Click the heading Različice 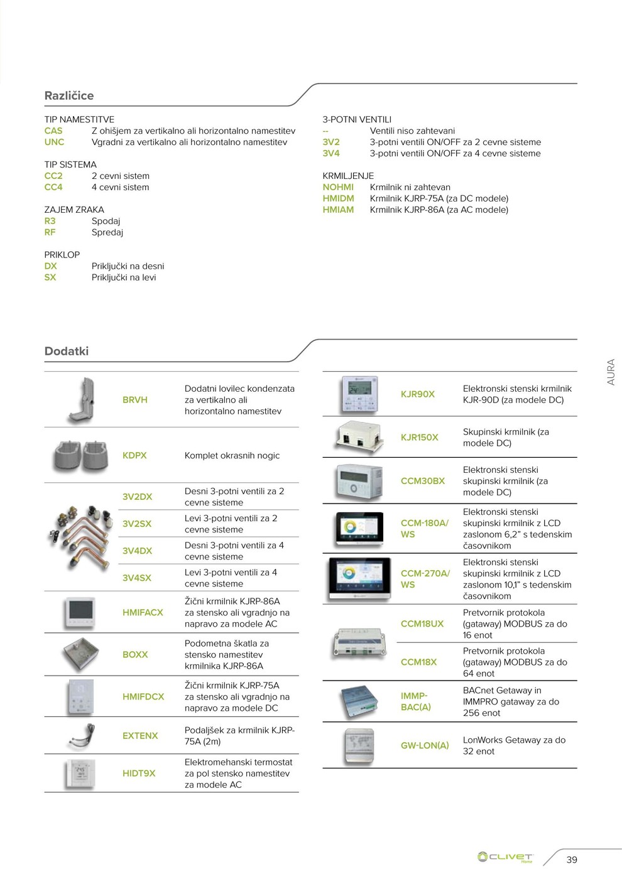(69, 95)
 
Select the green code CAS (53, 131)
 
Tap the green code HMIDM (338, 198)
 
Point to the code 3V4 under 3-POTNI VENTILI (331, 153)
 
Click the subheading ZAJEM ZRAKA (74, 210)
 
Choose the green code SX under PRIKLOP (50, 278)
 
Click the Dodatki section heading (67, 351)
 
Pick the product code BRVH (135, 400)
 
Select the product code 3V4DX (137, 551)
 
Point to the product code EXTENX (140, 736)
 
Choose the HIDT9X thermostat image (81, 773)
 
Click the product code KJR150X (420, 438)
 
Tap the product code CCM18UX (422, 623)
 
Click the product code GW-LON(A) (425, 745)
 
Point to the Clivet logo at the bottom (505, 857)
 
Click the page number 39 (572, 860)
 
